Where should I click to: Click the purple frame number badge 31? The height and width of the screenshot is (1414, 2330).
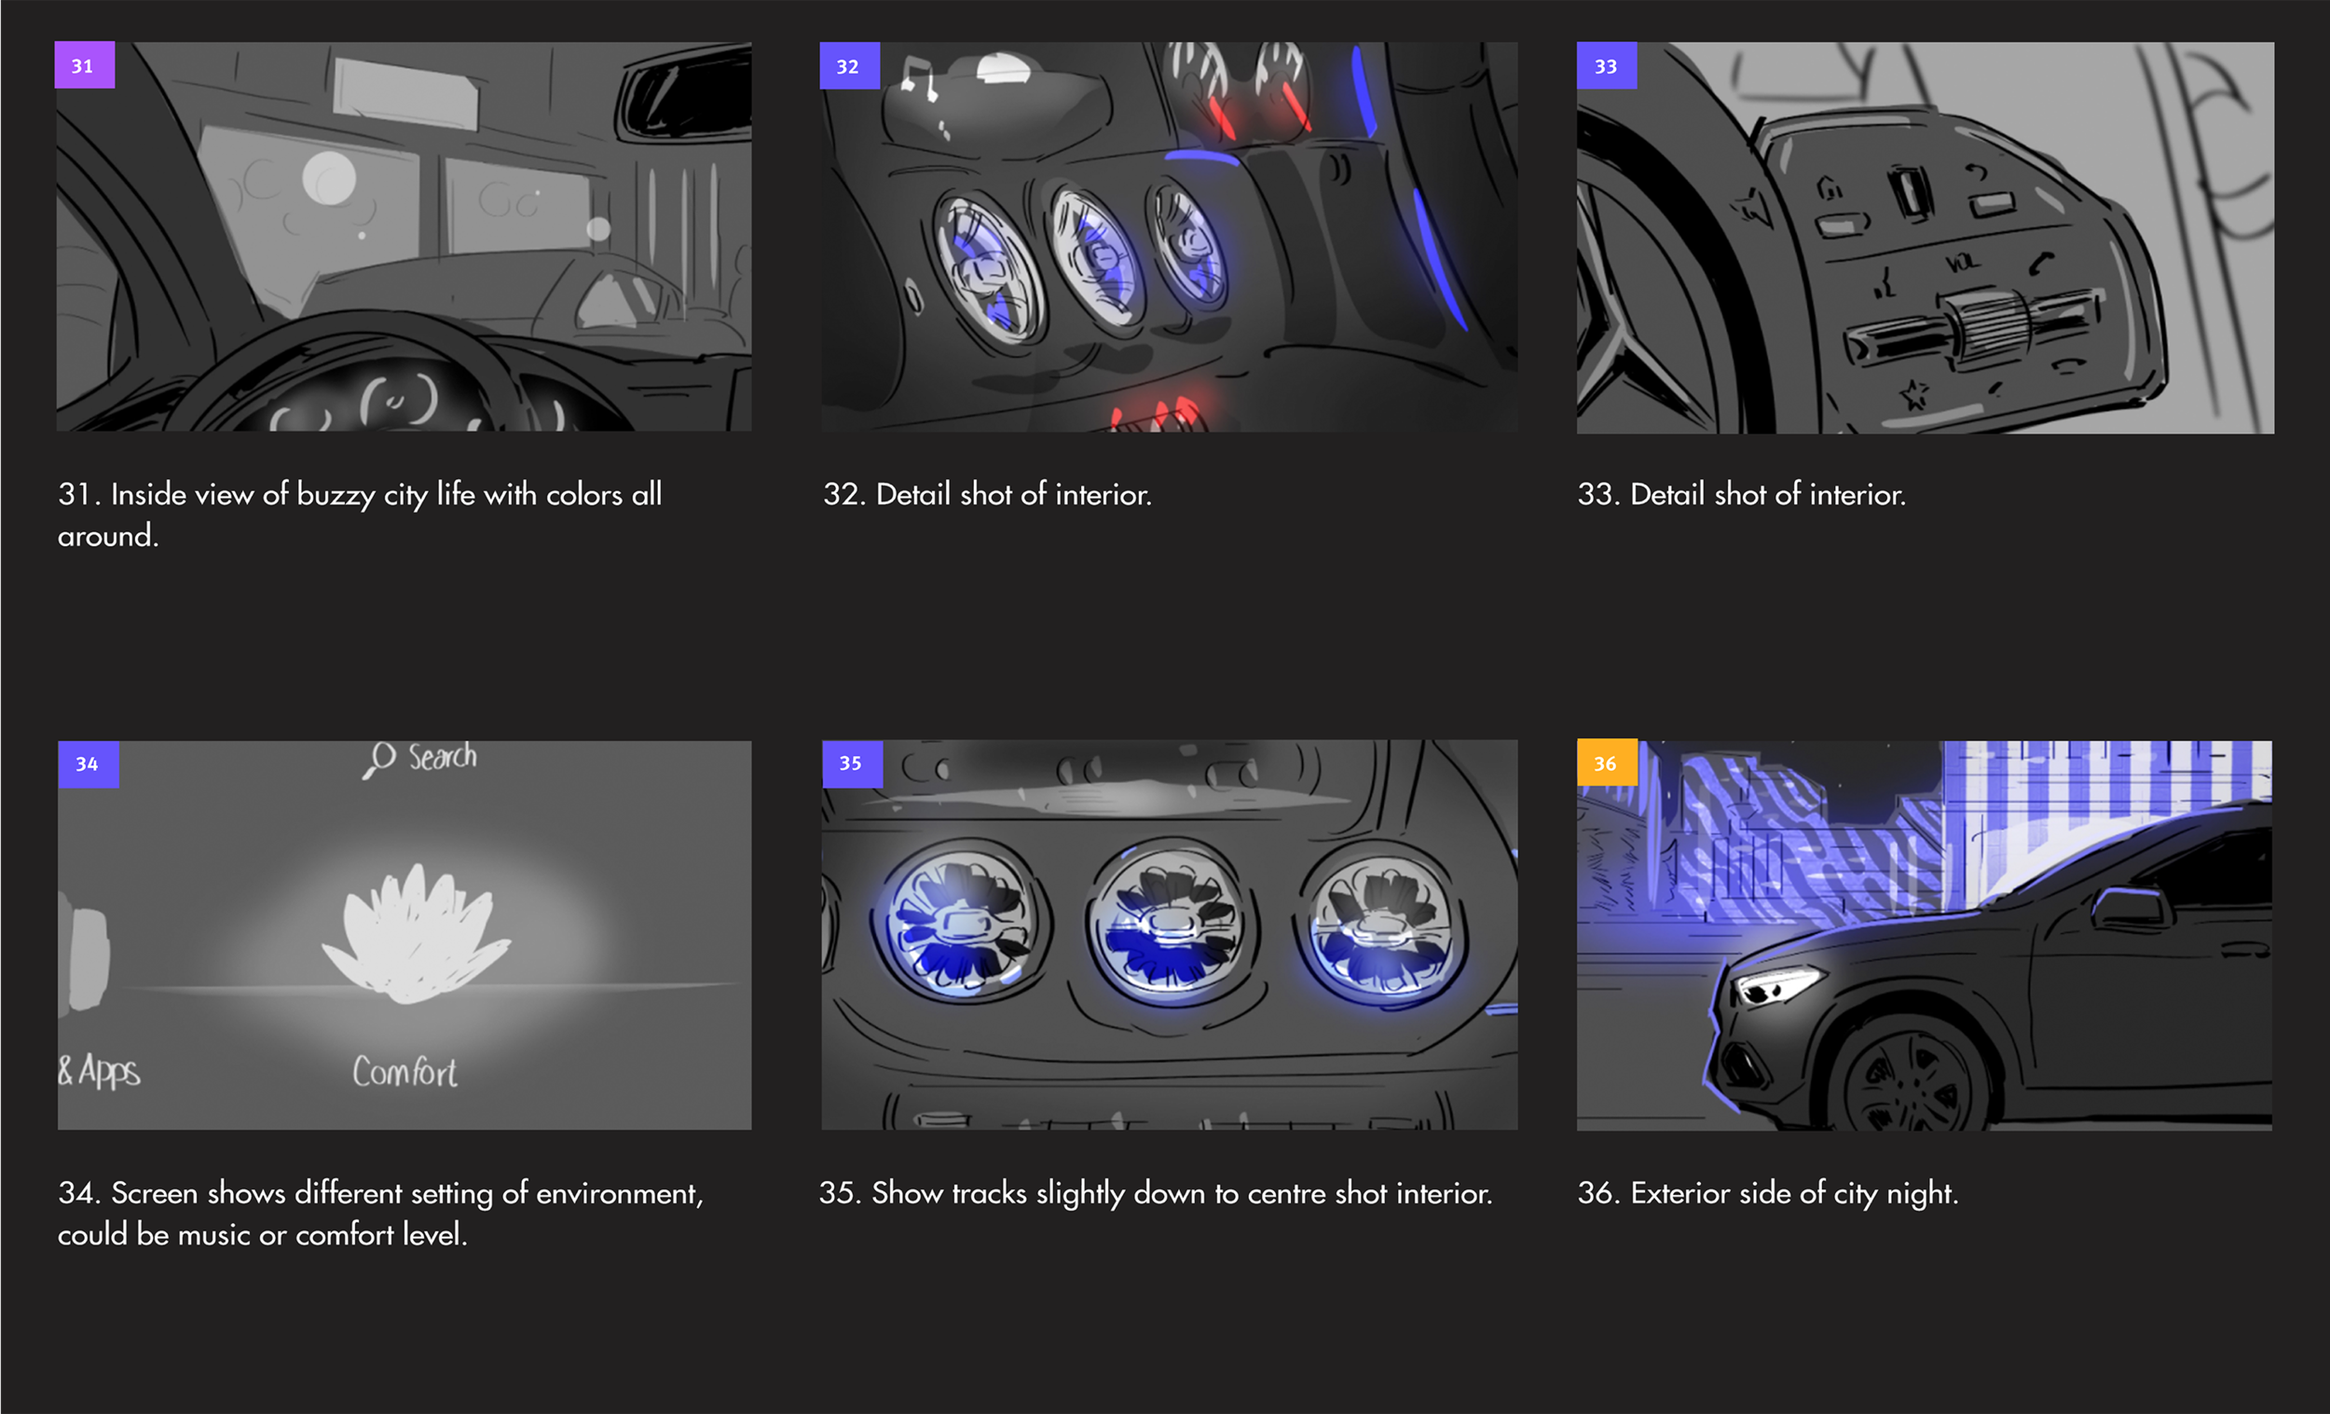(84, 65)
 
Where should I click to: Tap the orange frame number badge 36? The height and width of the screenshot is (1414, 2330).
(1607, 762)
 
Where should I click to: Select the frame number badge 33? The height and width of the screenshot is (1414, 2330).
(1607, 65)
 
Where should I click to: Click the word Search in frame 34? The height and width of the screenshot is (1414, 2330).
(443, 757)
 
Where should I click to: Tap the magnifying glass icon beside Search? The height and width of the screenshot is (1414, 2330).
(379, 760)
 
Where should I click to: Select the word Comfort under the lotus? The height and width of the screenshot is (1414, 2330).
(404, 1072)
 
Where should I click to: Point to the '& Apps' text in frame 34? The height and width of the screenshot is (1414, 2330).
(100, 1072)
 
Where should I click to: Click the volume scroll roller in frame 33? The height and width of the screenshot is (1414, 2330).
(1985, 327)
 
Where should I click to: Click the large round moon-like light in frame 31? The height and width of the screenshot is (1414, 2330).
(329, 179)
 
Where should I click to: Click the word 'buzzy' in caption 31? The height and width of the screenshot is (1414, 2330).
(336, 496)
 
